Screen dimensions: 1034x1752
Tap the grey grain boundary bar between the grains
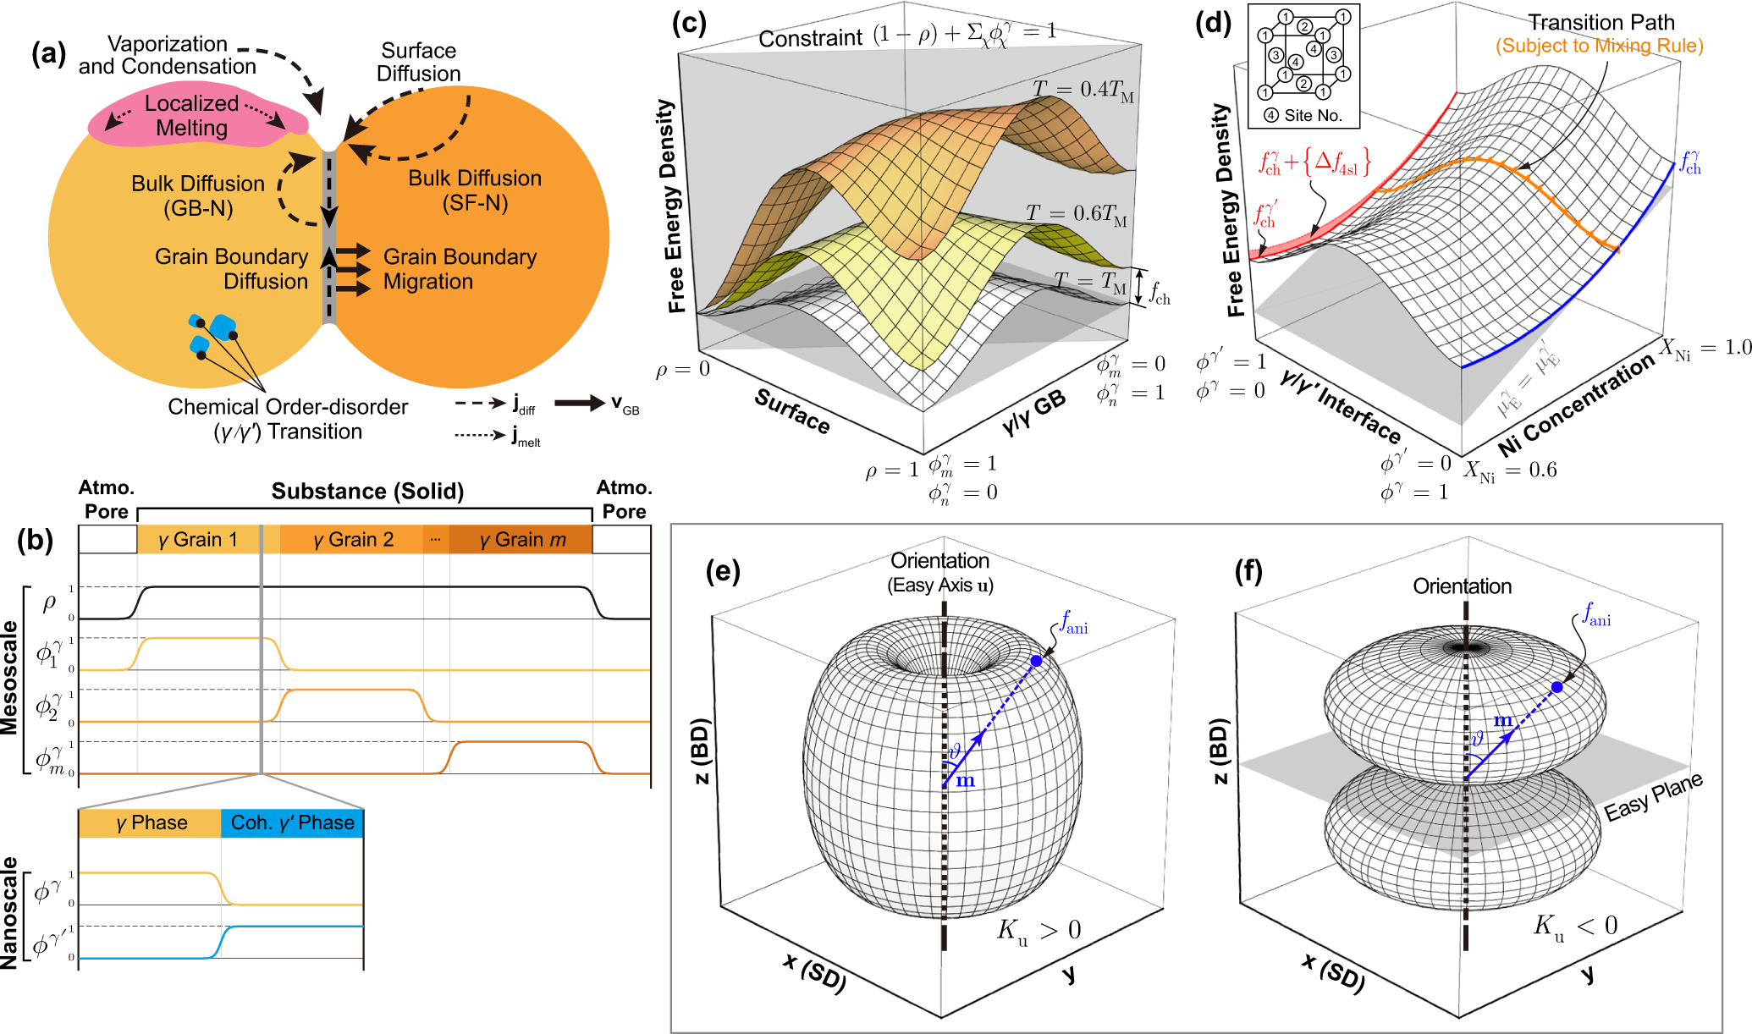coord(330,237)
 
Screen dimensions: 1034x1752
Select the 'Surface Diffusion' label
coord(418,62)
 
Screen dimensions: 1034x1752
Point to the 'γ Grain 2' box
coord(352,540)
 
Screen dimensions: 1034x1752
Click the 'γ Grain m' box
coord(521,540)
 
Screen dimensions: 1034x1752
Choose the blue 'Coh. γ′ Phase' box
coord(292,823)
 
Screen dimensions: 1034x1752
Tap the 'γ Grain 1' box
coord(198,540)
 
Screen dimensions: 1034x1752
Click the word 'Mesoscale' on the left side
coord(10,677)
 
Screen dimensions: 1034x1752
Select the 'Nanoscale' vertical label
coord(10,912)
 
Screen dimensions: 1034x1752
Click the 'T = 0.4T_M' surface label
coord(1083,90)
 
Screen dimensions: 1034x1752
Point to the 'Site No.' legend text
coord(1312,116)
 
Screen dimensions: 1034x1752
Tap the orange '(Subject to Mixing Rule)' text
coord(1599,46)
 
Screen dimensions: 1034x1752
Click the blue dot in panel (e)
coord(1036,660)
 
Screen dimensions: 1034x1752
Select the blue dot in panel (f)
coord(1556,687)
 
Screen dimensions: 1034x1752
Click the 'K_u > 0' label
coord(1039,931)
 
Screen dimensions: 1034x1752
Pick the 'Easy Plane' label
coord(1652,797)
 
